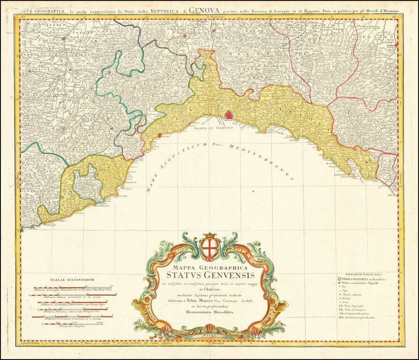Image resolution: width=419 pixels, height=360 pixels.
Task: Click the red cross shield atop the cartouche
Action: coord(209,249)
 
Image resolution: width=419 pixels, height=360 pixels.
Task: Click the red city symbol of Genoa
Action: coord(229,114)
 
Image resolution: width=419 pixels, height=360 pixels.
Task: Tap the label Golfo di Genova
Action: coord(209,129)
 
